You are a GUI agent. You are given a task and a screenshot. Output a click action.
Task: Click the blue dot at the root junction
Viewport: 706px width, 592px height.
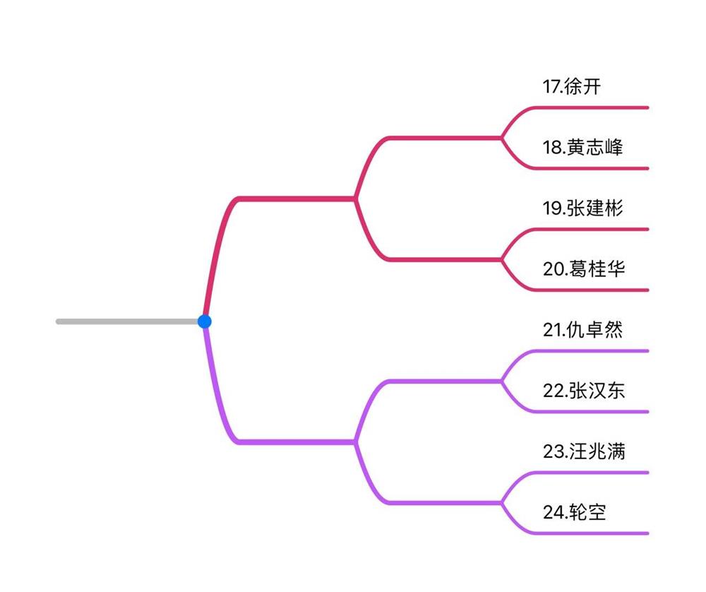pos(205,321)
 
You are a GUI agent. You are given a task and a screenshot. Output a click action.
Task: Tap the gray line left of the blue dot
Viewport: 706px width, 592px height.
pos(127,321)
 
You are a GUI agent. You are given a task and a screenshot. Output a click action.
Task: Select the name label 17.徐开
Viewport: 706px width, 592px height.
pos(572,87)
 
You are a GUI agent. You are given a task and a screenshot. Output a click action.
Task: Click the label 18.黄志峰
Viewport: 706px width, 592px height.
pos(583,148)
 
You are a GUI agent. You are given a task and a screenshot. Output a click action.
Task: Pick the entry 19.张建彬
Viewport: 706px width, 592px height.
pos(583,208)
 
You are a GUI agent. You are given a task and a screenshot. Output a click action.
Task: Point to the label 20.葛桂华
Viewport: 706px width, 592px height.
pos(584,269)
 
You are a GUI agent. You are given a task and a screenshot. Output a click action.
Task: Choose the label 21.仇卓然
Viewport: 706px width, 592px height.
pos(583,330)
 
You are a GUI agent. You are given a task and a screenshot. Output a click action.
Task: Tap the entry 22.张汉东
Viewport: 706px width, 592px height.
pos(584,391)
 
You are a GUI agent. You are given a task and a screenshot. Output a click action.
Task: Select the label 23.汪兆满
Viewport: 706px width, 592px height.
pos(584,451)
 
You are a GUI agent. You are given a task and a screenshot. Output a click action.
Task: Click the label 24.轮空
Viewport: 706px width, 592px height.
pos(574,512)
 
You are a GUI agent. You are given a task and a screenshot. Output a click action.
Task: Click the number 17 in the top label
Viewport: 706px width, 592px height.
pos(551,87)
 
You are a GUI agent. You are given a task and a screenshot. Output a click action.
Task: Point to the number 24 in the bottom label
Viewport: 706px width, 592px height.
pos(552,512)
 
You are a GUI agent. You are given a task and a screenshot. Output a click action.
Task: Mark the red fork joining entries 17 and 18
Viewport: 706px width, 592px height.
pos(502,138)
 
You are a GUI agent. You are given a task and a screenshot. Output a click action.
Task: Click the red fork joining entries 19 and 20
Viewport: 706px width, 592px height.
pos(502,259)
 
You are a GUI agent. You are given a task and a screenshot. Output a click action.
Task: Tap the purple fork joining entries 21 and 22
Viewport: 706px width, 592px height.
pos(502,381)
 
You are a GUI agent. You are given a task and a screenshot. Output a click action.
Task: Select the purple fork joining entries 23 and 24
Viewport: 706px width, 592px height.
pos(502,502)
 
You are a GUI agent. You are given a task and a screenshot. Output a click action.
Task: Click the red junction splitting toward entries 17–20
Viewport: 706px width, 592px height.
pos(355,199)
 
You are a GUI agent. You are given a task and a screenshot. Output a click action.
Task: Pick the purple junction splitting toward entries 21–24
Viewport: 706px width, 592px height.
pos(355,442)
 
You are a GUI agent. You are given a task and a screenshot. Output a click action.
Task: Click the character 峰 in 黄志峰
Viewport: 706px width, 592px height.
pos(614,148)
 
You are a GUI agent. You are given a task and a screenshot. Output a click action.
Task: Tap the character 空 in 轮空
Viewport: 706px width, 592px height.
pos(597,512)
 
